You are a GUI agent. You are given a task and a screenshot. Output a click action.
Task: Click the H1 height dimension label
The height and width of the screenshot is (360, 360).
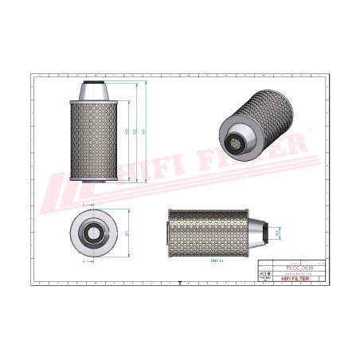tap(143, 131)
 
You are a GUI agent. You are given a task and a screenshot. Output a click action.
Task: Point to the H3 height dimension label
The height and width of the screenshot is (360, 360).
tap(127, 131)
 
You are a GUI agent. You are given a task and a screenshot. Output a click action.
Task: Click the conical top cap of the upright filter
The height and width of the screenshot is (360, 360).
tap(94, 93)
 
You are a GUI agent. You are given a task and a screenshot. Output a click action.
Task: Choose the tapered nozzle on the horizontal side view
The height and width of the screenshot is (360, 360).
tap(256, 233)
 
